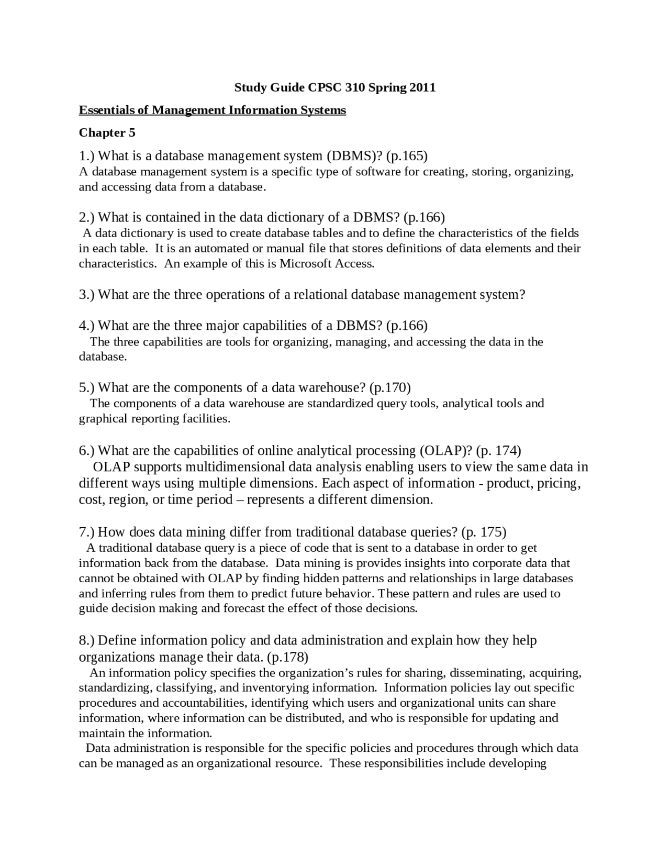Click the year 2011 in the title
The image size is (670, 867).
pos(422,87)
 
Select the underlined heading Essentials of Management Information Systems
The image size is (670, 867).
pos(212,110)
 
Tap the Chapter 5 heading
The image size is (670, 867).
pos(107,133)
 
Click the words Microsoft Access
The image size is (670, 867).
pos(327,263)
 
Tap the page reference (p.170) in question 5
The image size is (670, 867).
pos(390,387)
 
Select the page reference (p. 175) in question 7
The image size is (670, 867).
pos(484,532)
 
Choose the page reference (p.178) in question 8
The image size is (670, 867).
pos(287,657)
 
